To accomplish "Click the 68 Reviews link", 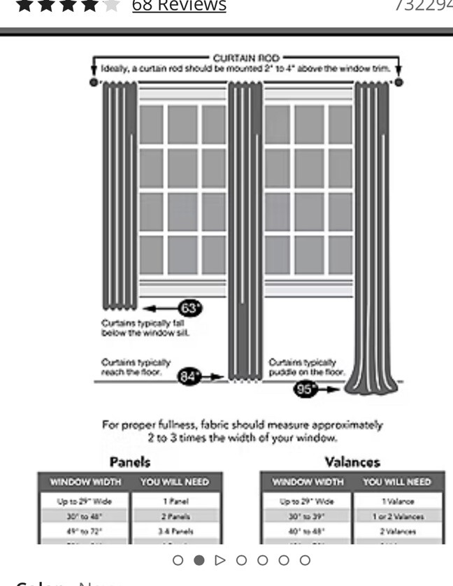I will pyautogui.click(x=179, y=6).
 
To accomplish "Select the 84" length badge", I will pyautogui.click(x=188, y=376).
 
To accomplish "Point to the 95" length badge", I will pyautogui.click(x=305, y=390).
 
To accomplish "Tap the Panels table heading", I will pyautogui.click(x=130, y=462).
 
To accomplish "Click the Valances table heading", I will pyautogui.click(x=352, y=462).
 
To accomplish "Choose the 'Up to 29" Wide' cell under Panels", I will pyautogui.click(x=85, y=501).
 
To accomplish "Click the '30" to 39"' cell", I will pyautogui.click(x=307, y=517).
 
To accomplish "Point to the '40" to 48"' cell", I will pyautogui.click(x=307, y=531).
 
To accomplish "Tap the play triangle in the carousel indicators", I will pyautogui.click(x=220, y=560).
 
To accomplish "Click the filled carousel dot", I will pyautogui.click(x=199, y=560).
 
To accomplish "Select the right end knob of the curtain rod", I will pyautogui.click(x=398, y=83).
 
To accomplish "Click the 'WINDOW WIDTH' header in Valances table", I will pyautogui.click(x=307, y=483).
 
